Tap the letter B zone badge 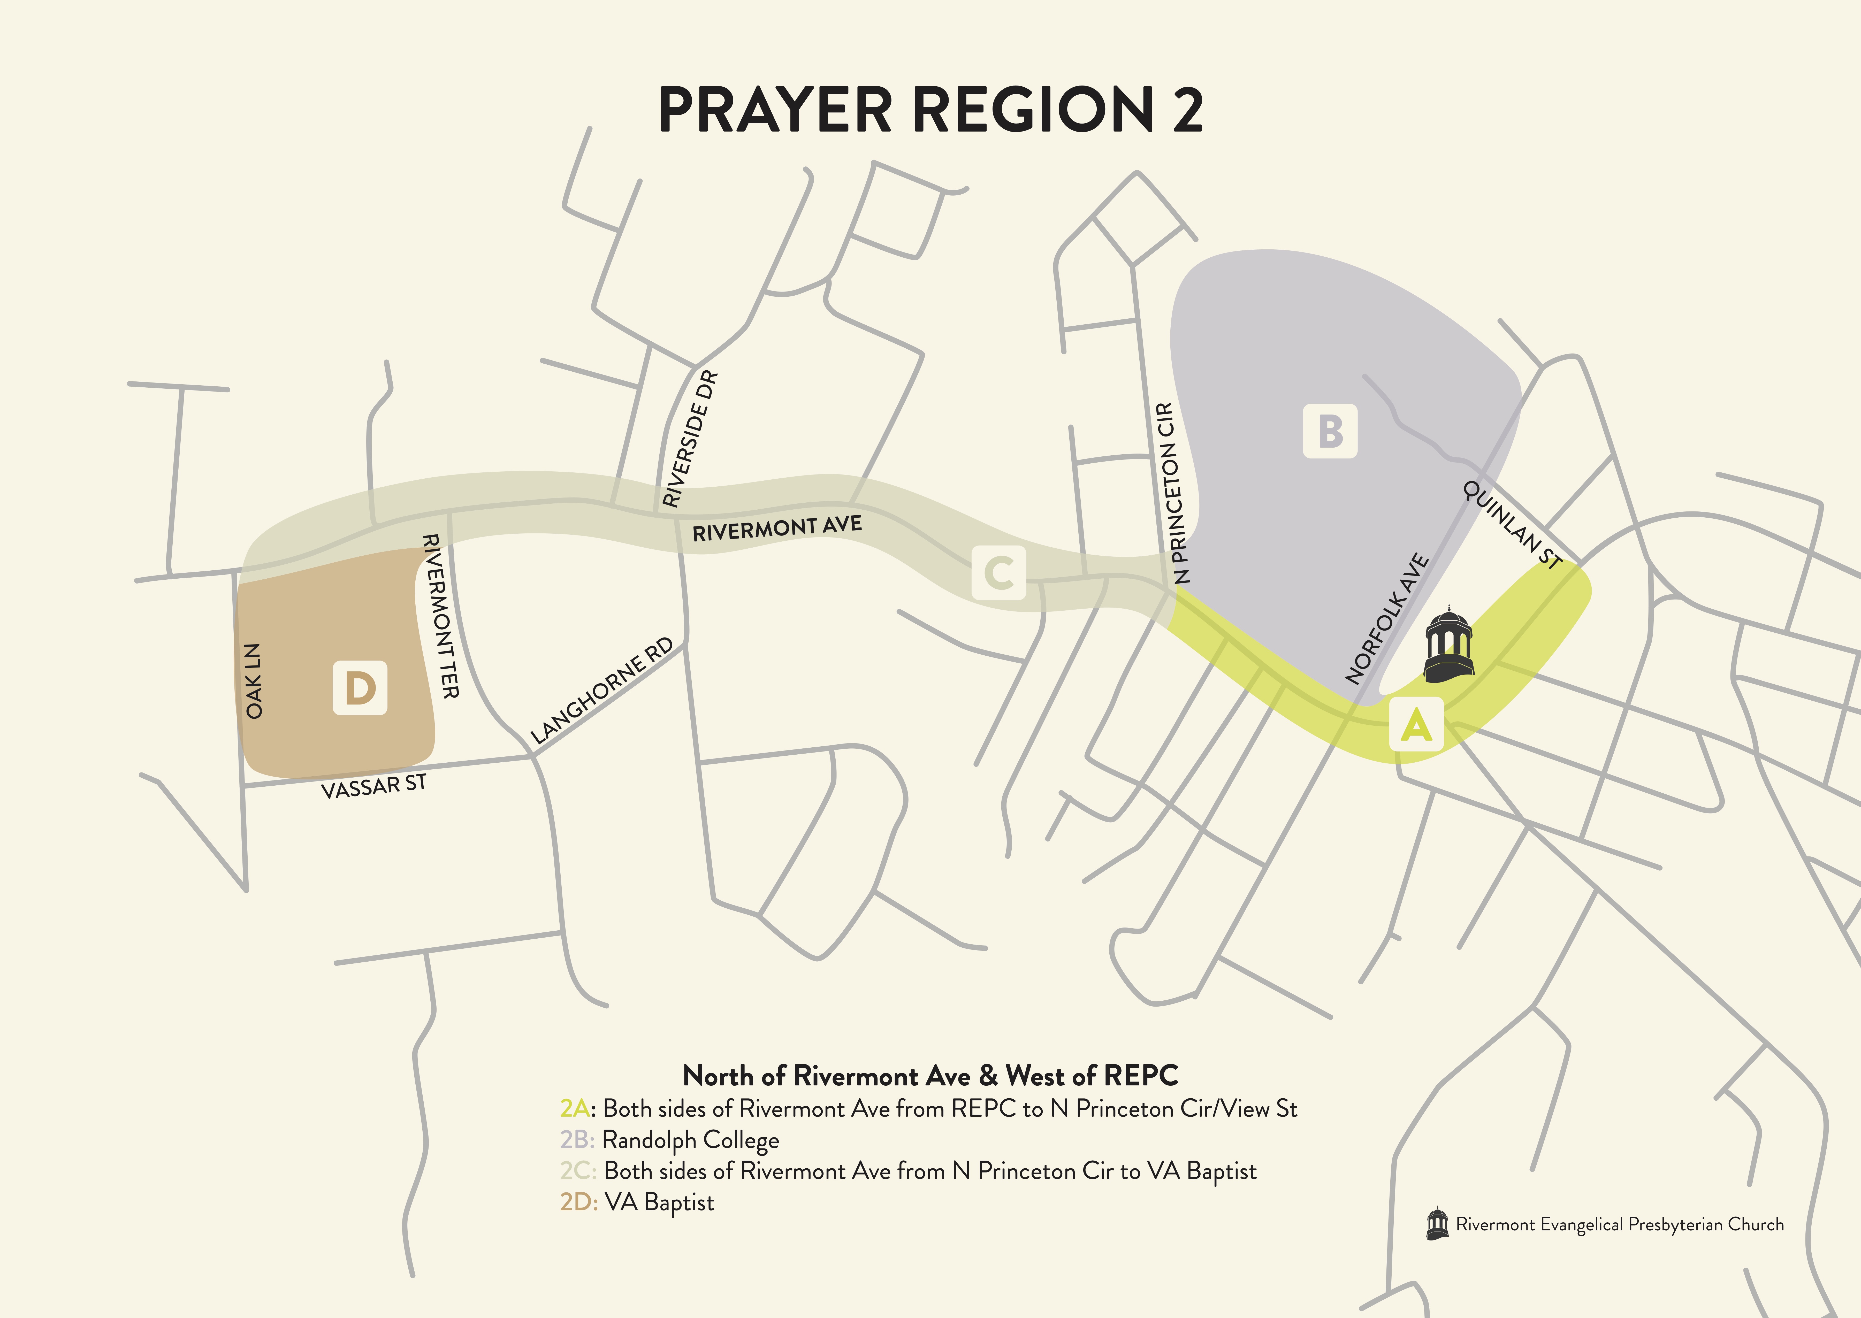pos(1329,431)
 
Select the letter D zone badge pos(360,688)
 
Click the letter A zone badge pos(1416,724)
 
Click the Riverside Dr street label pos(690,439)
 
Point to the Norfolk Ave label pos(1386,618)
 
